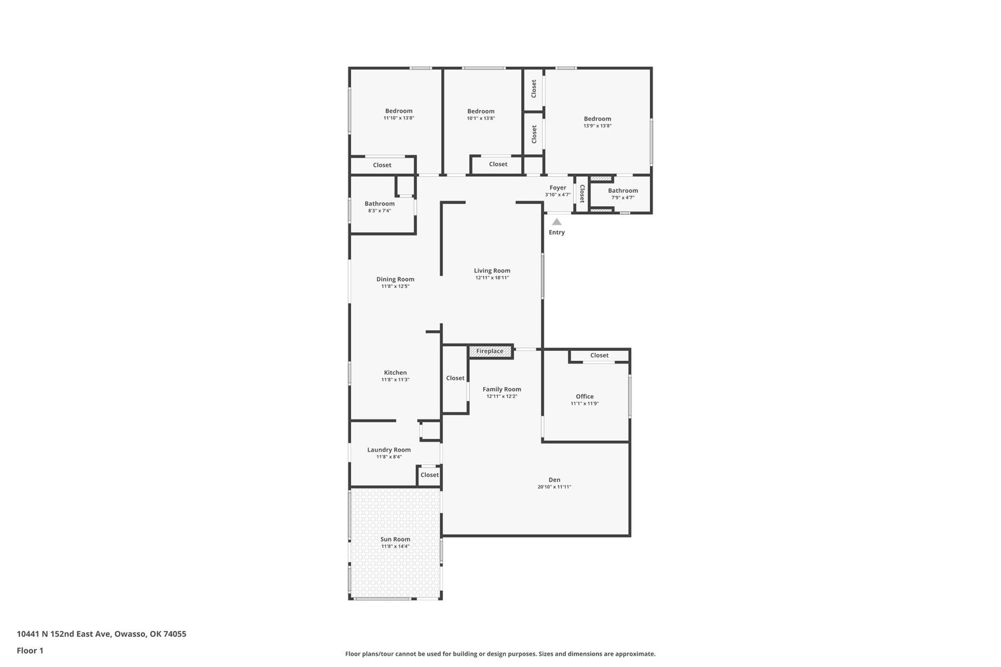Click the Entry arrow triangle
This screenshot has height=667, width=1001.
click(x=557, y=221)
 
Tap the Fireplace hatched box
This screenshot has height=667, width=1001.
click(x=490, y=351)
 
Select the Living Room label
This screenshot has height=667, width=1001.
click(x=492, y=271)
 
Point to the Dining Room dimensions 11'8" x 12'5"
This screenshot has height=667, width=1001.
click(x=395, y=286)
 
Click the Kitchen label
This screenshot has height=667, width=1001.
click(x=396, y=373)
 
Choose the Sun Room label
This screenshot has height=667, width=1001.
click(x=395, y=539)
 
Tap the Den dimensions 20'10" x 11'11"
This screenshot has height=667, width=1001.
click(x=554, y=487)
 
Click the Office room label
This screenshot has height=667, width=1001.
click(x=585, y=396)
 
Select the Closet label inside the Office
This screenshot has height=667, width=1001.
click(x=599, y=355)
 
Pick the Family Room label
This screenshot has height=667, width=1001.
click(x=502, y=389)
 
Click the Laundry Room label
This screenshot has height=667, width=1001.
click(x=389, y=450)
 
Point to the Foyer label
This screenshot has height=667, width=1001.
click(x=558, y=187)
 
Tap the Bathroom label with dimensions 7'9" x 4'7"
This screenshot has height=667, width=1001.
click(x=623, y=190)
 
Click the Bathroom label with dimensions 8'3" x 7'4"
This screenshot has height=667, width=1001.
click(x=380, y=203)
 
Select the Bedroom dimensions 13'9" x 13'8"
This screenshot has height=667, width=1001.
click(x=597, y=126)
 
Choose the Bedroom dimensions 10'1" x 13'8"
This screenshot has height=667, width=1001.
click(x=481, y=118)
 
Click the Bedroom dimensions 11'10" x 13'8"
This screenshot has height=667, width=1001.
click(x=398, y=118)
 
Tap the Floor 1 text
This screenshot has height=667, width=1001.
click(x=30, y=650)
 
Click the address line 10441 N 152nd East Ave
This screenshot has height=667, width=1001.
click(x=64, y=634)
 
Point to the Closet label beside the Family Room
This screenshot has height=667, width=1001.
click(x=455, y=378)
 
